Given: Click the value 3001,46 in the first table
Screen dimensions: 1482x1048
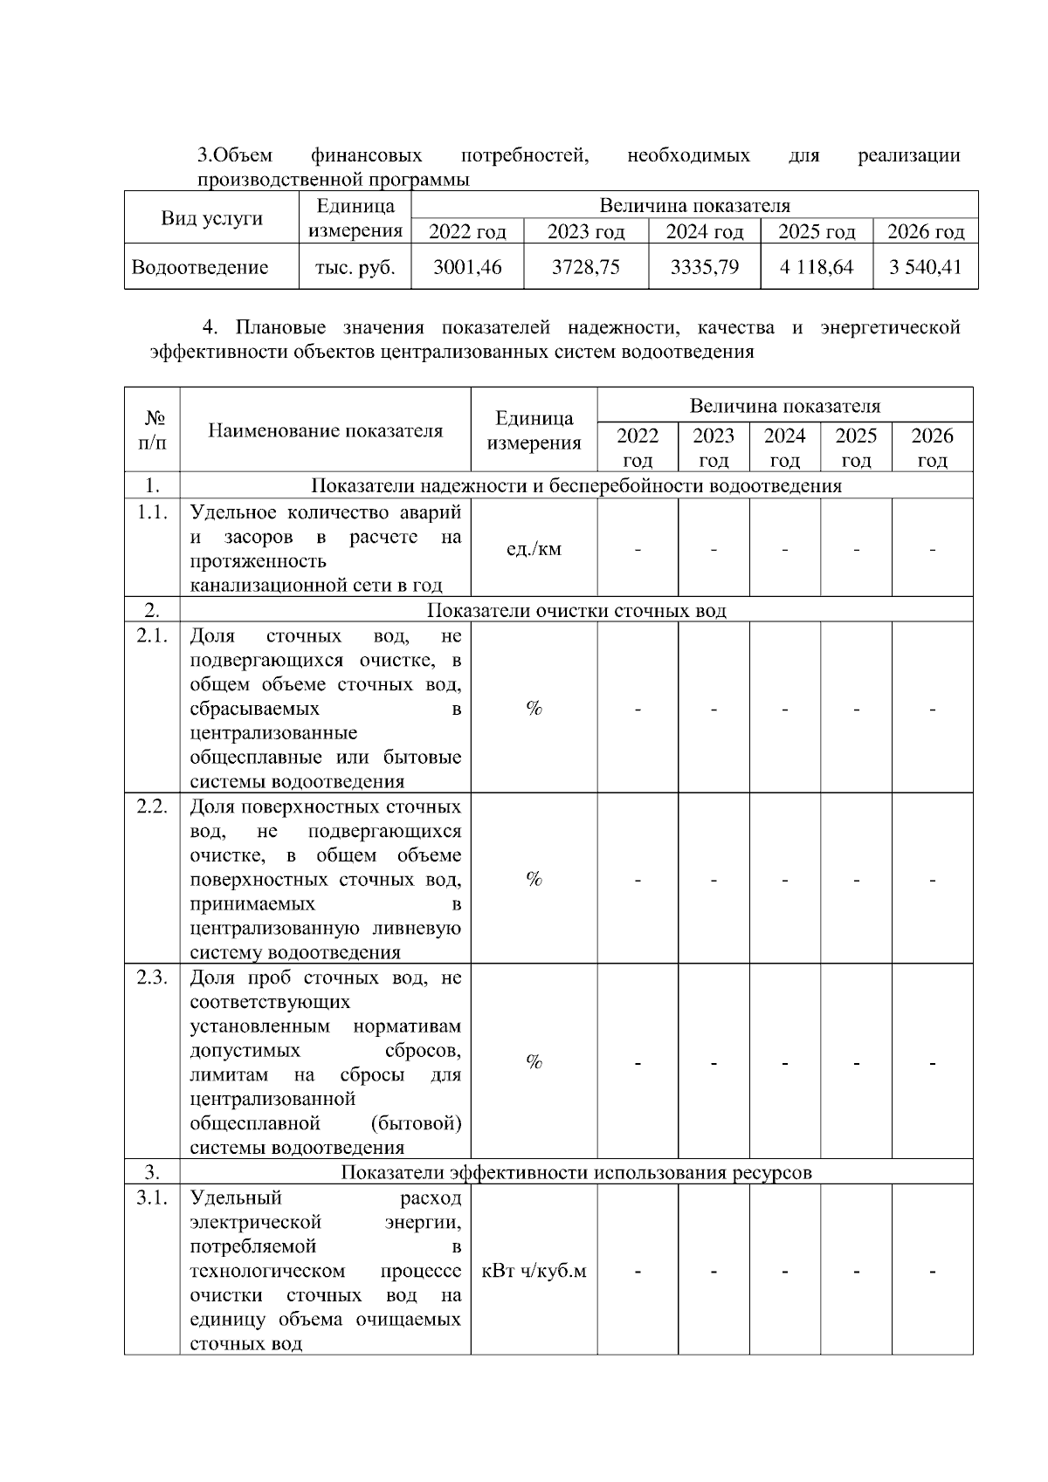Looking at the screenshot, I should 467,267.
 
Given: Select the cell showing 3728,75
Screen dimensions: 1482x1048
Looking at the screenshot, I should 585,267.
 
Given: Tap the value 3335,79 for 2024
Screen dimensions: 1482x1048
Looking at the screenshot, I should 704,267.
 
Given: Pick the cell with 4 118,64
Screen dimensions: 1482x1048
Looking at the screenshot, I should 817,267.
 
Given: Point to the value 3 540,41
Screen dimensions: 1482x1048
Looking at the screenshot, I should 925,267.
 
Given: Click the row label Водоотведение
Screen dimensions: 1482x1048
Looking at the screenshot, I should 200,267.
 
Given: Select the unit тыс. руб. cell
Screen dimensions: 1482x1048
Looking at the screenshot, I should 355,267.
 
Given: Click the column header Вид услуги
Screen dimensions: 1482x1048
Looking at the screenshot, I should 211,218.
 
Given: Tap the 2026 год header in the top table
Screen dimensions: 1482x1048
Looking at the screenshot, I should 925,232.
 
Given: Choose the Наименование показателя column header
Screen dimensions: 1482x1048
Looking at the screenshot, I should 325,430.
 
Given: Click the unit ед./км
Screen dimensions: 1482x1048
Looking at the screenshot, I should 534,549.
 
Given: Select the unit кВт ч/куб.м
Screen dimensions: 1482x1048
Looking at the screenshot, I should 534,1271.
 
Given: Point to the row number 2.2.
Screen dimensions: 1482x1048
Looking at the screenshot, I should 152,806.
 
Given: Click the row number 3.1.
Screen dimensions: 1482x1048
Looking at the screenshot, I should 152,1197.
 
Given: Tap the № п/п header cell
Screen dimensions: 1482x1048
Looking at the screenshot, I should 152,429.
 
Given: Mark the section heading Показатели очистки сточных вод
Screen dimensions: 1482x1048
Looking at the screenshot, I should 576,610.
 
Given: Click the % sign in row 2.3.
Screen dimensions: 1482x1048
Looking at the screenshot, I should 534,1062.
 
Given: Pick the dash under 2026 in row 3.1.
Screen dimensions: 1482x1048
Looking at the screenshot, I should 932,1272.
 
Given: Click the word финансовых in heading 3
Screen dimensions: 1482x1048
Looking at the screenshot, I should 366,156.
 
